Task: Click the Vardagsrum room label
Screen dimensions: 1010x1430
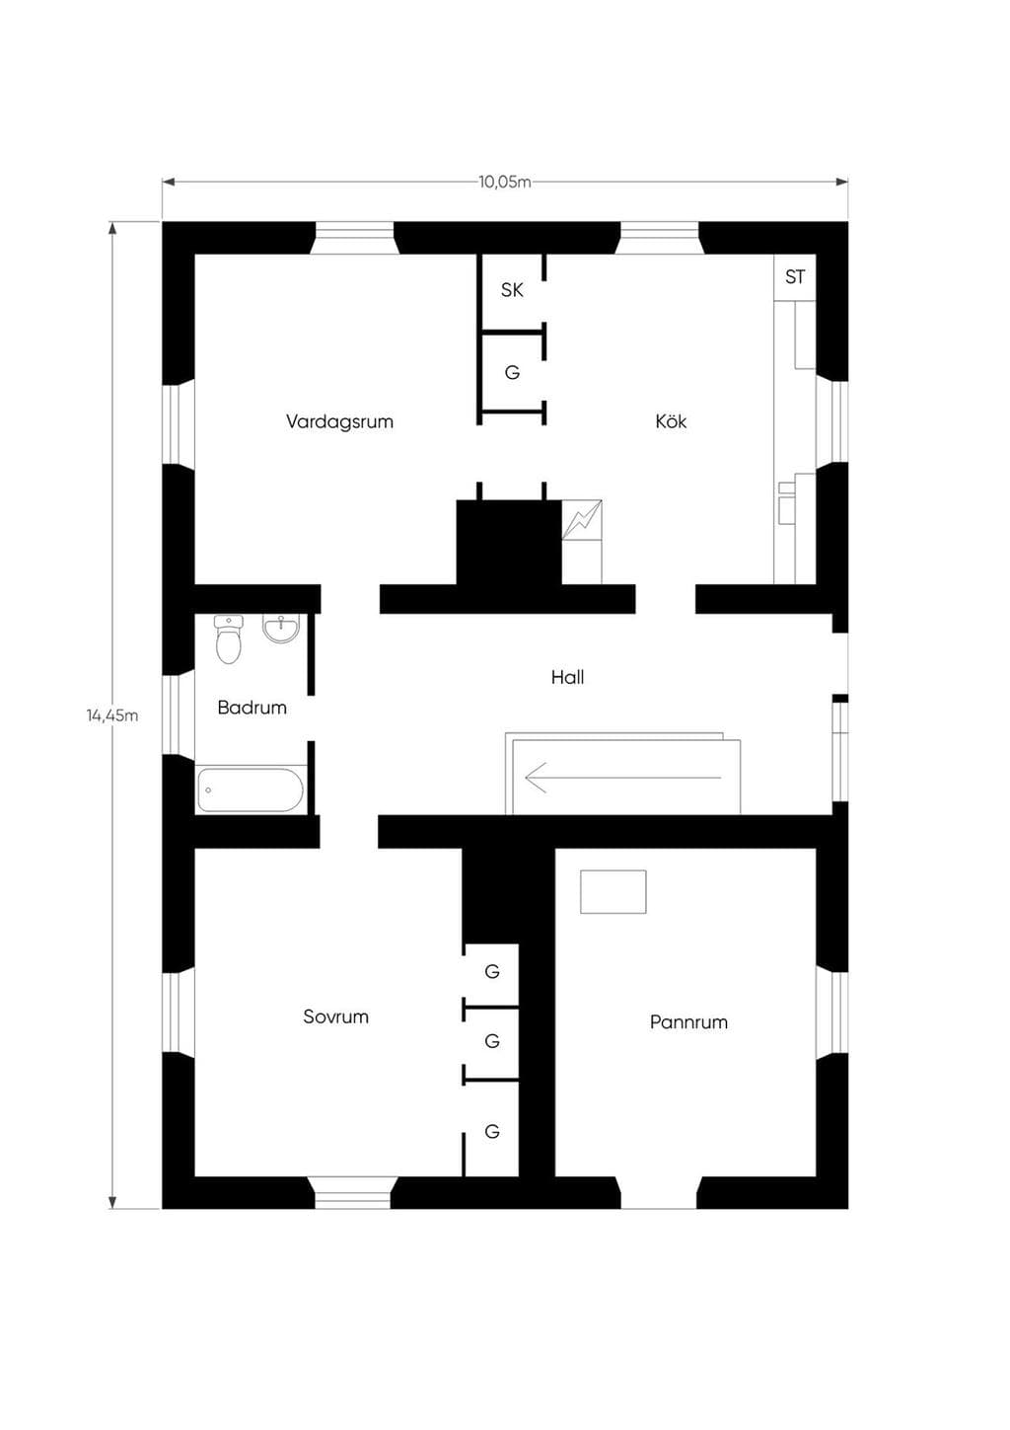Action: [339, 422]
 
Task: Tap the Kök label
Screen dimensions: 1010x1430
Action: [671, 421]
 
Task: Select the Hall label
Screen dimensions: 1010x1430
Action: [568, 677]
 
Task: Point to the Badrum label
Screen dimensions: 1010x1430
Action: [252, 708]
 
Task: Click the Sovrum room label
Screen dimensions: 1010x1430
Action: [335, 1016]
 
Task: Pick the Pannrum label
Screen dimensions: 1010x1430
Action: [688, 1022]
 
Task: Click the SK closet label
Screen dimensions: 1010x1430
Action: [512, 290]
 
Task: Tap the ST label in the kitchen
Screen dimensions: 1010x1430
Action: [795, 277]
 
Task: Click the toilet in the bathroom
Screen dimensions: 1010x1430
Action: [228, 640]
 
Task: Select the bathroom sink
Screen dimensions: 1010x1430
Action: [281, 629]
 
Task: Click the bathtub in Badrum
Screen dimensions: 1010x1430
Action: [251, 790]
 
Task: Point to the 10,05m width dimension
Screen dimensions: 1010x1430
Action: [505, 182]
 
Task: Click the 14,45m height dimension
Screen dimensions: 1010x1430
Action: [112, 715]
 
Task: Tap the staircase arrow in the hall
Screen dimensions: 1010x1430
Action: [622, 778]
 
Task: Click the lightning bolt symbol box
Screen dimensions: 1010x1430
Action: [581, 520]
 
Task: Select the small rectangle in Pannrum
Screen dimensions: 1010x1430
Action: [613, 892]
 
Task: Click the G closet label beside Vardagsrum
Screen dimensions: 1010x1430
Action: [512, 372]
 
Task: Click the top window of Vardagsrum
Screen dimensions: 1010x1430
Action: [354, 238]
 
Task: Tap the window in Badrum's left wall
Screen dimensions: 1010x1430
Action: [178, 715]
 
